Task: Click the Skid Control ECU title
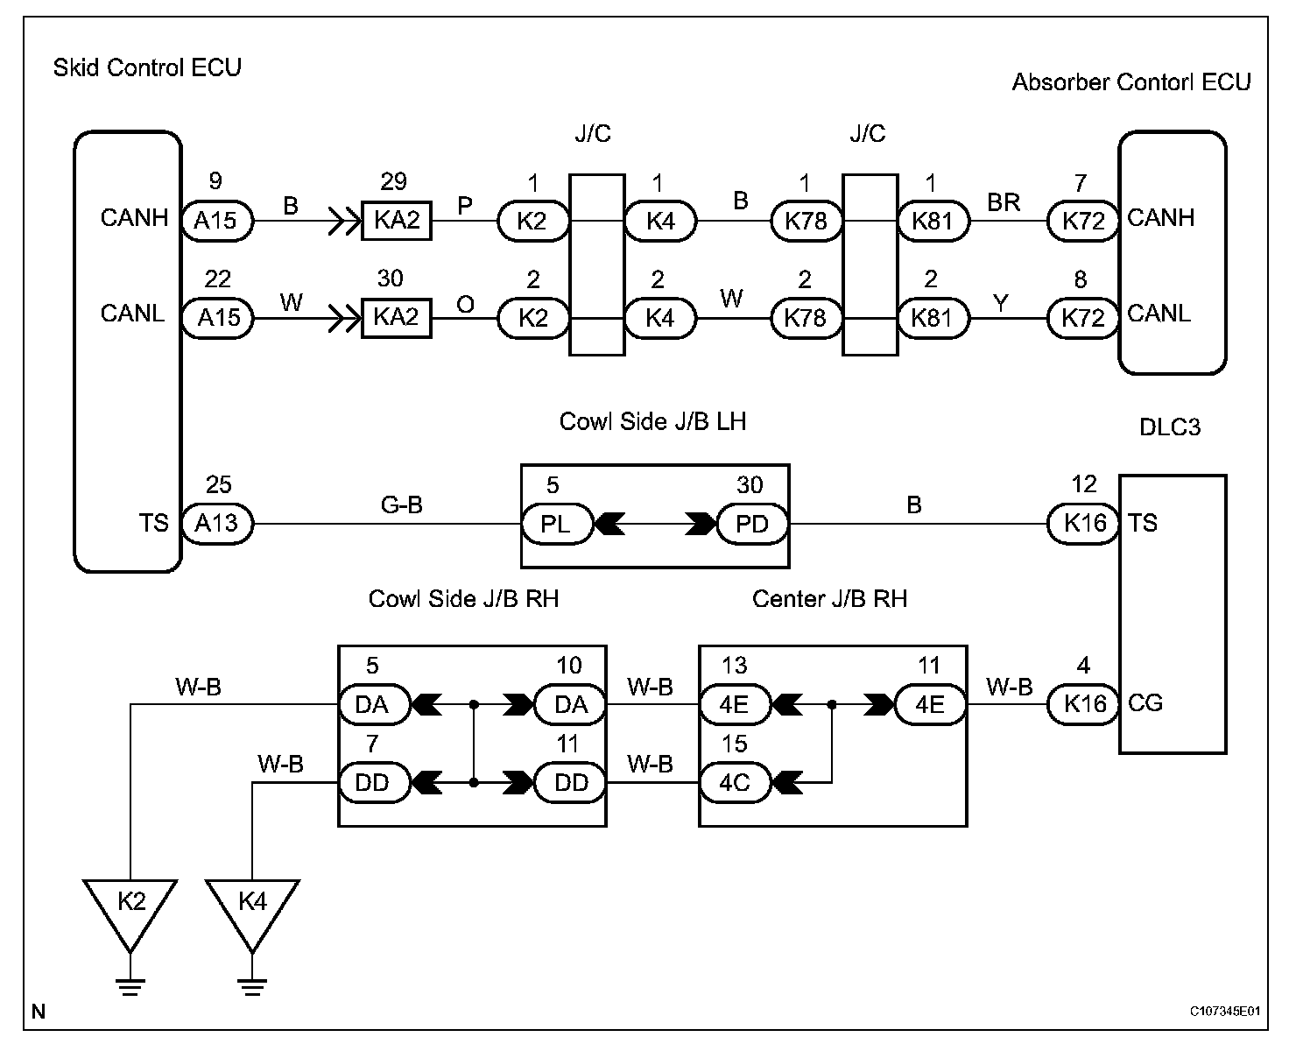[147, 67]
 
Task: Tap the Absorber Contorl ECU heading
[1131, 82]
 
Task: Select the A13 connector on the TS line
[217, 524]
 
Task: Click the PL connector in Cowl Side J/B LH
[558, 524]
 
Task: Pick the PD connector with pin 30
[752, 524]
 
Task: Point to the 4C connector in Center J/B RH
[736, 783]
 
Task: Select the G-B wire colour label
[402, 505]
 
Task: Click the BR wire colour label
[1004, 202]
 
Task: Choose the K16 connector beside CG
[1083, 704]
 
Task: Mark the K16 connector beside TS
[1083, 524]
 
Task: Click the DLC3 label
[1170, 427]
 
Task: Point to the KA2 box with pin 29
[397, 220]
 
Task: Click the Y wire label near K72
[1001, 303]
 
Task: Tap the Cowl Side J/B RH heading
[463, 599]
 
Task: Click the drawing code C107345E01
[1225, 1012]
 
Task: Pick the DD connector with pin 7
[374, 783]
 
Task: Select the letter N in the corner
[39, 1012]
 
